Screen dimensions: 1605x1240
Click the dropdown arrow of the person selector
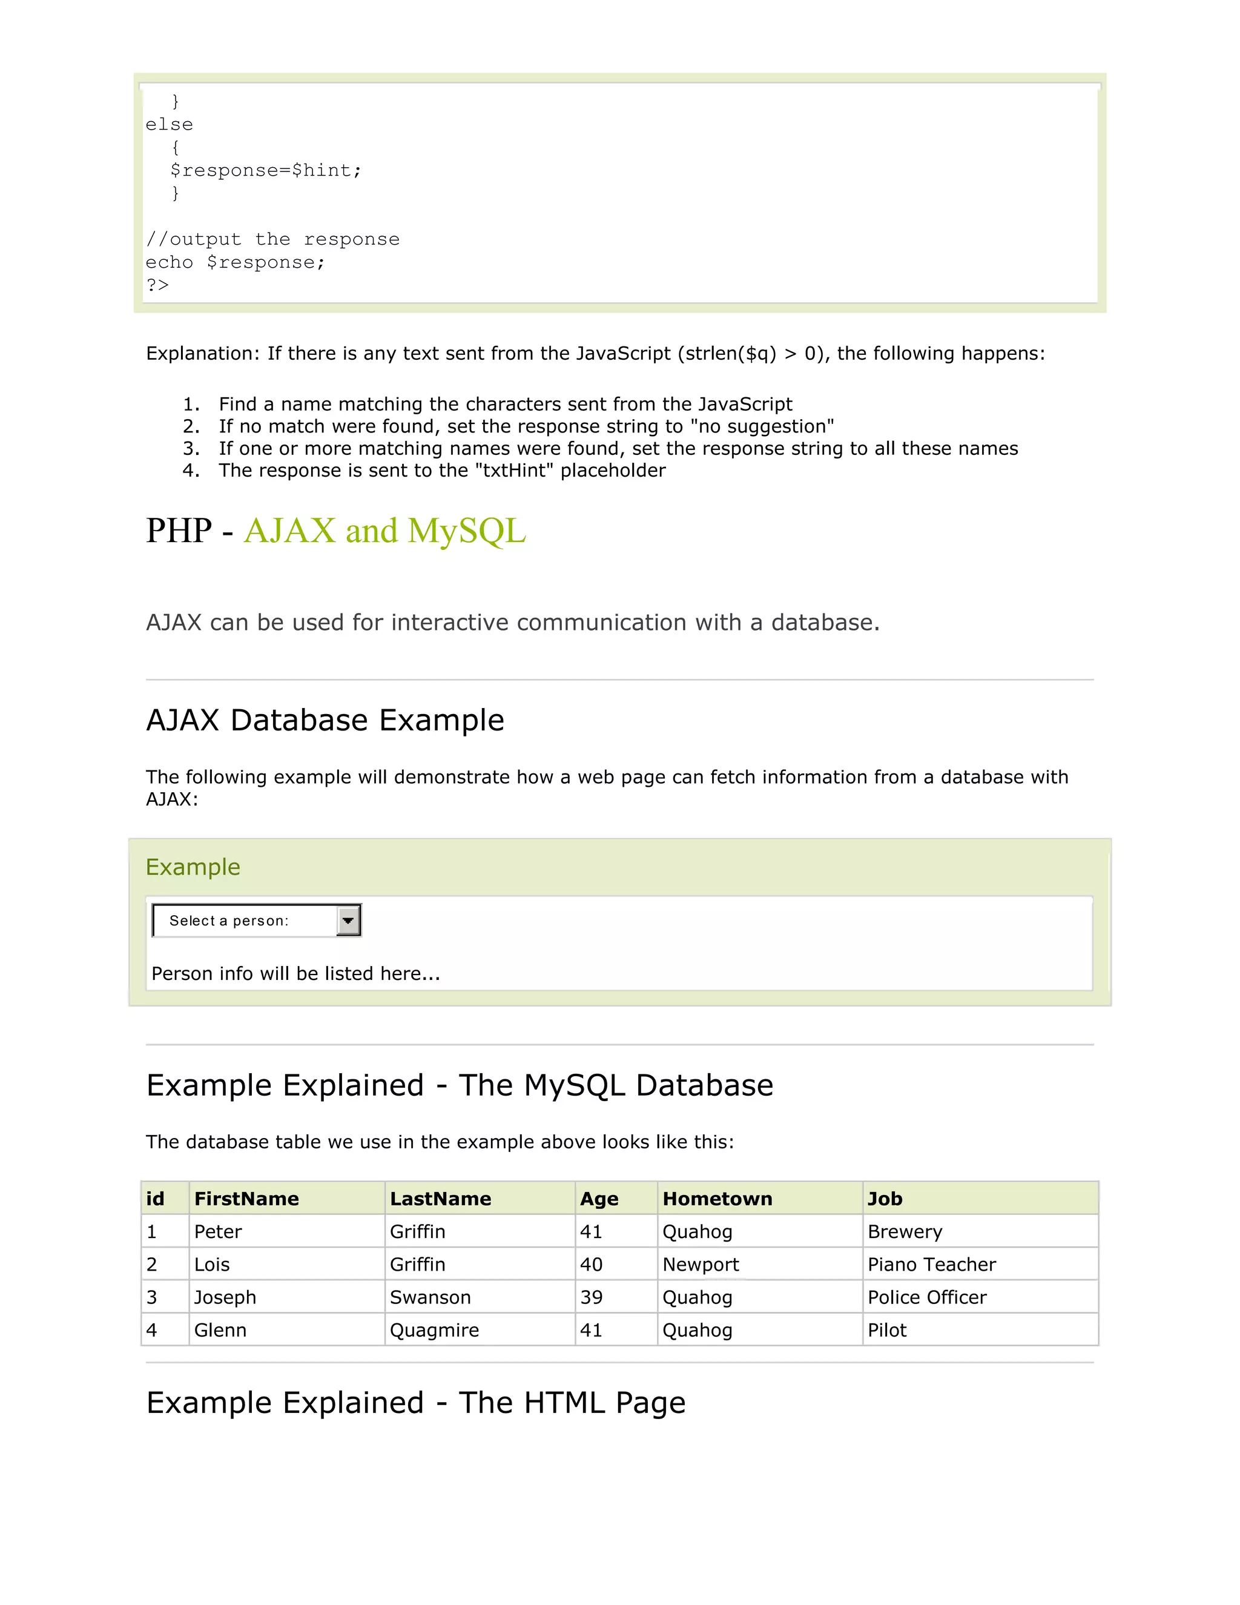tap(348, 920)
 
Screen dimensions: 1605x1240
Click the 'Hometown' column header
tap(717, 1199)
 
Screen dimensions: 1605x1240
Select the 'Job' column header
tap(885, 1199)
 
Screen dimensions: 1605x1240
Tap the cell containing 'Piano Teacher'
tap(931, 1264)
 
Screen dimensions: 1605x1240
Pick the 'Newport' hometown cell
tap(700, 1264)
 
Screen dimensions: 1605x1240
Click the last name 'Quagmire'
tap(434, 1330)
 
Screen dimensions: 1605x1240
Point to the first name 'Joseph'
tap(225, 1297)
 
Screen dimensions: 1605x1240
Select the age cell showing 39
tap(592, 1297)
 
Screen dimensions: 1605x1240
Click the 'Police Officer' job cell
tap(927, 1297)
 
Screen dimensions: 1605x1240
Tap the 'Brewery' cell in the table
tap(905, 1232)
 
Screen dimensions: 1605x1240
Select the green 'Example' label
tap(193, 867)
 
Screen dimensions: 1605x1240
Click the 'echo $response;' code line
tap(234, 262)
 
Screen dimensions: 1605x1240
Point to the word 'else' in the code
tap(169, 125)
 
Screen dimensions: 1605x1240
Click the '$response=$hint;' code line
tap(266, 171)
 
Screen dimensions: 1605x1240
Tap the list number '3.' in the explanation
tap(191, 448)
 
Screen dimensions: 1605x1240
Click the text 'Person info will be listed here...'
tap(295, 974)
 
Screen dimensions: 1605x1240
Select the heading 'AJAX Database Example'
tap(325, 720)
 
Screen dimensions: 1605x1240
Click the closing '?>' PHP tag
tap(157, 285)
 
